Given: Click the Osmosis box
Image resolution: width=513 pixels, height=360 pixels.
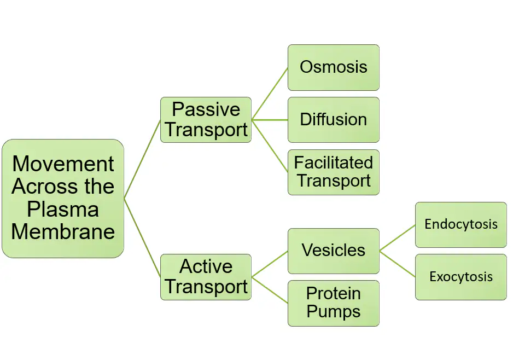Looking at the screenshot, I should (333, 67).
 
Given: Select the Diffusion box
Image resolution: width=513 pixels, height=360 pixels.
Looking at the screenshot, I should (333, 119).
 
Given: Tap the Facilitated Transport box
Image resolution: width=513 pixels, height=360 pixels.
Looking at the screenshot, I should (333, 172).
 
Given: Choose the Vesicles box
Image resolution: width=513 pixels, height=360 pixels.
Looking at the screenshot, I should (333, 251).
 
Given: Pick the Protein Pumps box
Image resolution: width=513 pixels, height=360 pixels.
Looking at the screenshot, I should (333, 303).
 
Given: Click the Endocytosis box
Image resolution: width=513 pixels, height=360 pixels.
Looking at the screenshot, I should (460, 224).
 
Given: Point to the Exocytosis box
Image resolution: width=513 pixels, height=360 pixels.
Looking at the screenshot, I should (460, 277).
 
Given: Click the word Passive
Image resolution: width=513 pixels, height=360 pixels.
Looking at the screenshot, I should (206, 109).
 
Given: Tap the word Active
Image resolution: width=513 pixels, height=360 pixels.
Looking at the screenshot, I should (206, 266).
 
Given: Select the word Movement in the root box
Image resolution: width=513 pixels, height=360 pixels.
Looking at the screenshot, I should (63, 164).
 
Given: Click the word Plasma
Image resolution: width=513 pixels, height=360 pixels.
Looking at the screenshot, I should (63, 209).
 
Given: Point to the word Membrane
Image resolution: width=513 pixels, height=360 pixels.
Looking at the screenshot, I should (63, 231).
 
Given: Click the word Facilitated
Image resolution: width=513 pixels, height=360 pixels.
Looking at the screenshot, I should (333, 162).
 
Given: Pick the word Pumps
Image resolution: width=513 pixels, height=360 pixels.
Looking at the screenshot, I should (333, 312).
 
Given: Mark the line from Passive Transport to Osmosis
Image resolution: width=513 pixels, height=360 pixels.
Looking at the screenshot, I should (270, 94).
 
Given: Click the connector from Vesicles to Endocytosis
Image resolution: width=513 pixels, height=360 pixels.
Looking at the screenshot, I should (397, 237).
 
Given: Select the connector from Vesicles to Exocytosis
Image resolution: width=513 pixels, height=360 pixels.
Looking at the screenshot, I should (397, 264).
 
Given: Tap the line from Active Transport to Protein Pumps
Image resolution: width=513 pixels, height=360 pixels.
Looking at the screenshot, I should (270, 289).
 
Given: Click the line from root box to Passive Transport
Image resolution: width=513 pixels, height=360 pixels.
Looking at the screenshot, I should (142, 159).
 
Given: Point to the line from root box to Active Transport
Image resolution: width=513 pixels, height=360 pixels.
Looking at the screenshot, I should (142, 237).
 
